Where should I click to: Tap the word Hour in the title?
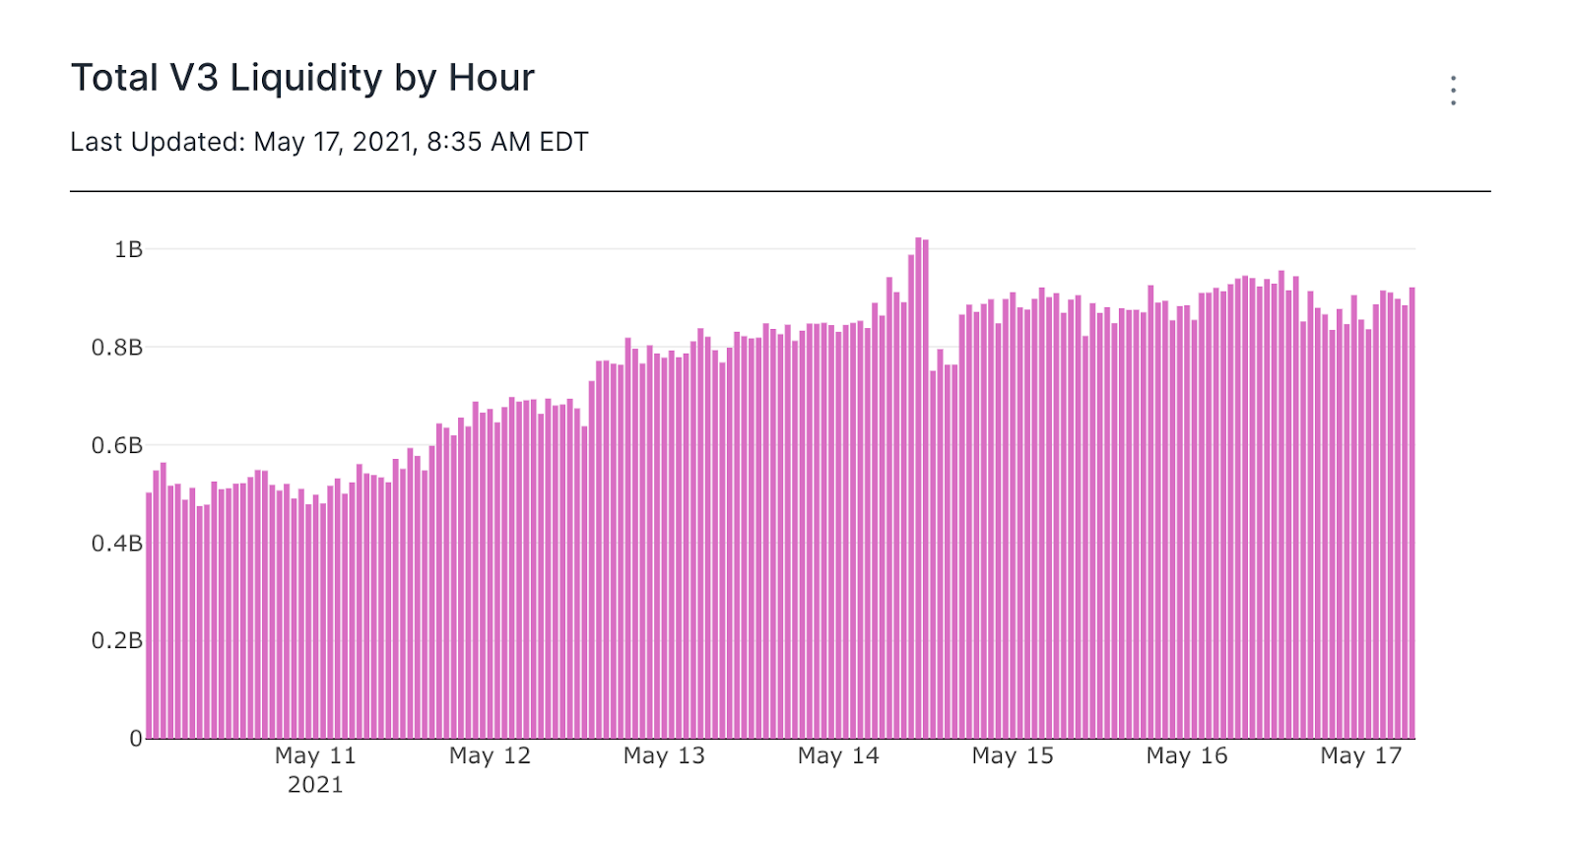[x=492, y=78]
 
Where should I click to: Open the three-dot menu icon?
[x=1453, y=91]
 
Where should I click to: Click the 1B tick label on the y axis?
[x=128, y=249]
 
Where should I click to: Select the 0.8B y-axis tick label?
[x=117, y=348]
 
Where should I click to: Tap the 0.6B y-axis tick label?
[x=117, y=445]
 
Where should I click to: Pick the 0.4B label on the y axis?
[x=117, y=543]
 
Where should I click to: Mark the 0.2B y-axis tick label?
[x=117, y=640]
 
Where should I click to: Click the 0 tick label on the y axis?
[x=136, y=738]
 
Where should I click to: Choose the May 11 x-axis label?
[x=315, y=755]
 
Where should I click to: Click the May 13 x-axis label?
[x=664, y=755]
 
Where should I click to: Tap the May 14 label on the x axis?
[x=838, y=755]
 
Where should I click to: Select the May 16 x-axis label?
[x=1187, y=755]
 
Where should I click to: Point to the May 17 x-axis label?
[x=1360, y=755]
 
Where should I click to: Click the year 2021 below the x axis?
[x=315, y=785]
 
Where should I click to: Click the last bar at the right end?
[x=1412, y=512]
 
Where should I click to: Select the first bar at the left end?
[x=150, y=616]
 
